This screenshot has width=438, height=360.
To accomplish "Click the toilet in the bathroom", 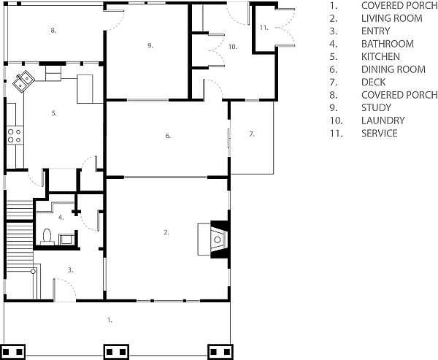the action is (47, 237).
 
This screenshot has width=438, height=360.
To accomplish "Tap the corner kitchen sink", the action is (23, 80).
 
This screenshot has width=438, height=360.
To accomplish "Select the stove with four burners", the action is (15, 136).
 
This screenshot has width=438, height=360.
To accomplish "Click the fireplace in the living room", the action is (214, 240).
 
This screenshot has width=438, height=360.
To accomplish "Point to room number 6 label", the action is (168, 136).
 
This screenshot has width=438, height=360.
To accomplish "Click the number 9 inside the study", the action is (150, 45).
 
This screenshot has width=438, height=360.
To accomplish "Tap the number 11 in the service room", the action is (264, 28).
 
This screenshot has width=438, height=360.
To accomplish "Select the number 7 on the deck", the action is (252, 134).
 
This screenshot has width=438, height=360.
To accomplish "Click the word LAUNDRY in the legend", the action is (383, 120).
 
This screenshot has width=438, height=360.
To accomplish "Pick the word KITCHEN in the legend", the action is (380, 56).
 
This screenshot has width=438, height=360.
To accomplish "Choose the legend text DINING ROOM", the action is (393, 69).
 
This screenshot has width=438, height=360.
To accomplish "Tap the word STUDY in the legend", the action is (376, 107).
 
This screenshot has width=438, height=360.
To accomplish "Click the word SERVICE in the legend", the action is (380, 133).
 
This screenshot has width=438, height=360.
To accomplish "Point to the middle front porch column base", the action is (116, 352).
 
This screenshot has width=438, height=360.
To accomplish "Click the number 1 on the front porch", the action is (110, 321).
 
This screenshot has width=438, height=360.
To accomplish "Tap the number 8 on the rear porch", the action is (53, 31).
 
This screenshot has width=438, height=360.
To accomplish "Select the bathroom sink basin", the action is (66, 240).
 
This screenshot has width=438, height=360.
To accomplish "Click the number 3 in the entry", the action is (70, 270).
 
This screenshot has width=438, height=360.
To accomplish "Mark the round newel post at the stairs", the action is (33, 271).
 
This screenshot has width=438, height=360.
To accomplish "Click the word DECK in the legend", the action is (374, 83).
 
